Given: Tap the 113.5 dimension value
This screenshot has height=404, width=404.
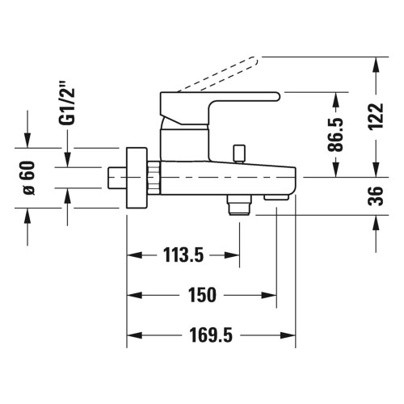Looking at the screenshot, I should (x=183, y=256).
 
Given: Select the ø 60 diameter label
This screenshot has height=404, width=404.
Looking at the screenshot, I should (x=29, y=177).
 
